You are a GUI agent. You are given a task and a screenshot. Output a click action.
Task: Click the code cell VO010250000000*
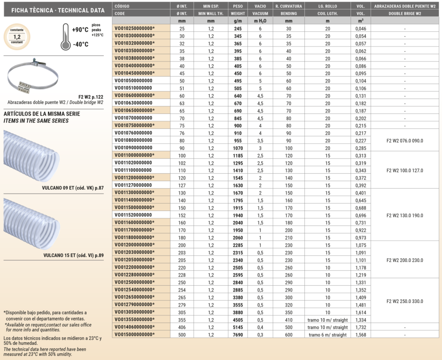coord(134,28)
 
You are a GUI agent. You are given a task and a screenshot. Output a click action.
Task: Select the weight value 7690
coord(237,334)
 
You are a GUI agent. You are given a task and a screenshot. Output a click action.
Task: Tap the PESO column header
coord(237,6)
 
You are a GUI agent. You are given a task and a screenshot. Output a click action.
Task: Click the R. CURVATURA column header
coord(288,6)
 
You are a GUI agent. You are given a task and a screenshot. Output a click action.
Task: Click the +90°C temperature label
coord(80,30)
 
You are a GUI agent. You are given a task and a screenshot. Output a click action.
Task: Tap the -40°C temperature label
coord(80,45)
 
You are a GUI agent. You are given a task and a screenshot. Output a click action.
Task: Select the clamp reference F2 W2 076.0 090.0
coord(405,140)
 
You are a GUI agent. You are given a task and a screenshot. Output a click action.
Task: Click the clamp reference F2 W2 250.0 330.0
coord(405,301)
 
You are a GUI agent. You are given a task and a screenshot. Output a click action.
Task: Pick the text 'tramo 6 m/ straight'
coord(328,334)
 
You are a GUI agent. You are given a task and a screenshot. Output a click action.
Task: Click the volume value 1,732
coord(360,327)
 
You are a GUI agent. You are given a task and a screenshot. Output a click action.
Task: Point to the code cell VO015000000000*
coord(134,334)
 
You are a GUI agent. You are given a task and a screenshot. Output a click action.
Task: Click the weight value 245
coord(237,28)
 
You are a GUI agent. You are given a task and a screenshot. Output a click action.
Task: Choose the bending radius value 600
coord(288,334)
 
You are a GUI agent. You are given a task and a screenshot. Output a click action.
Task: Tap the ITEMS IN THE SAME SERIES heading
coord(36,121)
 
